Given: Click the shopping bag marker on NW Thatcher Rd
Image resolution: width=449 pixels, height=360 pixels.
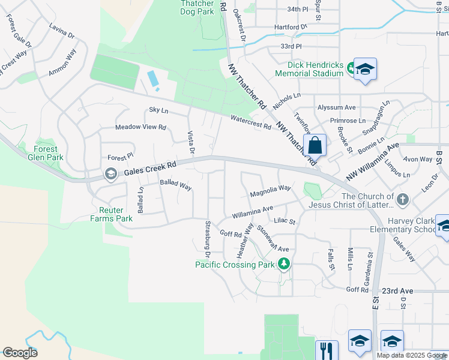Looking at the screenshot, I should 315,145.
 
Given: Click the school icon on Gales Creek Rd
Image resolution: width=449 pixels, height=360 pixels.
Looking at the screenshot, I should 110,174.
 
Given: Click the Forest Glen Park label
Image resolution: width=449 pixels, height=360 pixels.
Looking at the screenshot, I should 46,154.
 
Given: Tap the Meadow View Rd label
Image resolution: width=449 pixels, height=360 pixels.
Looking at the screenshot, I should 140,127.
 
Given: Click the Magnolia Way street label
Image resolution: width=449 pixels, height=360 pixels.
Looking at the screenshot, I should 270,191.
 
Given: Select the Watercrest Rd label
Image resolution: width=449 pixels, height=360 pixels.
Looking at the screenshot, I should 250,122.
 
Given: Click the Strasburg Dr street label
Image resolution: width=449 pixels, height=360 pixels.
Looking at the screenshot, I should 205,236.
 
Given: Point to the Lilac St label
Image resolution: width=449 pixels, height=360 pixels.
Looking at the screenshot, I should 285,221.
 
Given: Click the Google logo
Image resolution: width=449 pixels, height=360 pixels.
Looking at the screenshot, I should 20,353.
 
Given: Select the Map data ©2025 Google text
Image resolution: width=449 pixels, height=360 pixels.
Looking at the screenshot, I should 410,355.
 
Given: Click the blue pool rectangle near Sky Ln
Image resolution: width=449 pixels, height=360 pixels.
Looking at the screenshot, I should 153,78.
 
